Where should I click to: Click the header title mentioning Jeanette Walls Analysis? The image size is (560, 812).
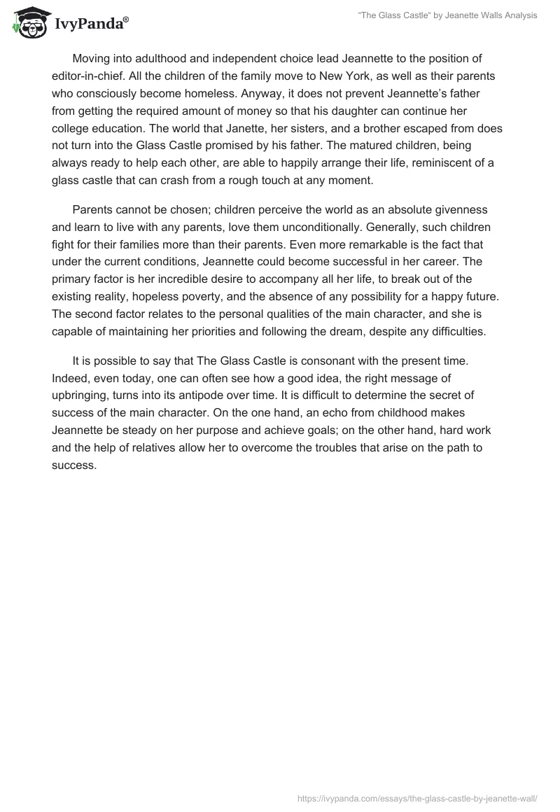pos(447,15)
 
